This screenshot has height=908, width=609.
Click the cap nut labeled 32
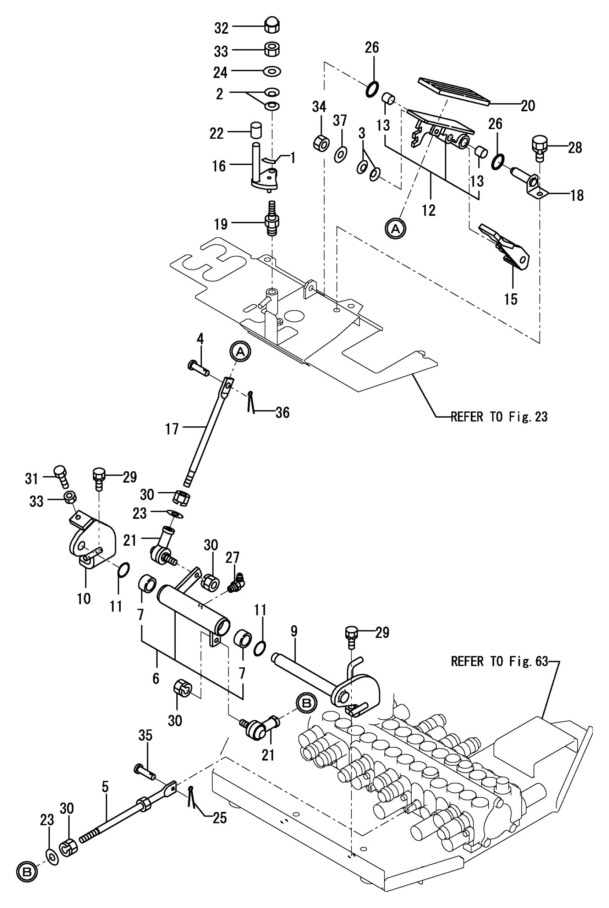272,26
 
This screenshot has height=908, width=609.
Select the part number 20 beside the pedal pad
528,106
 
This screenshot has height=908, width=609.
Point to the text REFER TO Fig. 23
499,417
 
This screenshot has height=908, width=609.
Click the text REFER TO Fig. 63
499,661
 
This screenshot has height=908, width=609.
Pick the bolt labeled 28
540,148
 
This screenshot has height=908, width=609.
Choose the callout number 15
511,299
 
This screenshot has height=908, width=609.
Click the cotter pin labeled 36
251,402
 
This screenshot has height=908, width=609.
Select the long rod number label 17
172,429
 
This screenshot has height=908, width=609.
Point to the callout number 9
294,631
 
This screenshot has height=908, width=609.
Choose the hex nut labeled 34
321,144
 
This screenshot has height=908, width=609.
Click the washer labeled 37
341,155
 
